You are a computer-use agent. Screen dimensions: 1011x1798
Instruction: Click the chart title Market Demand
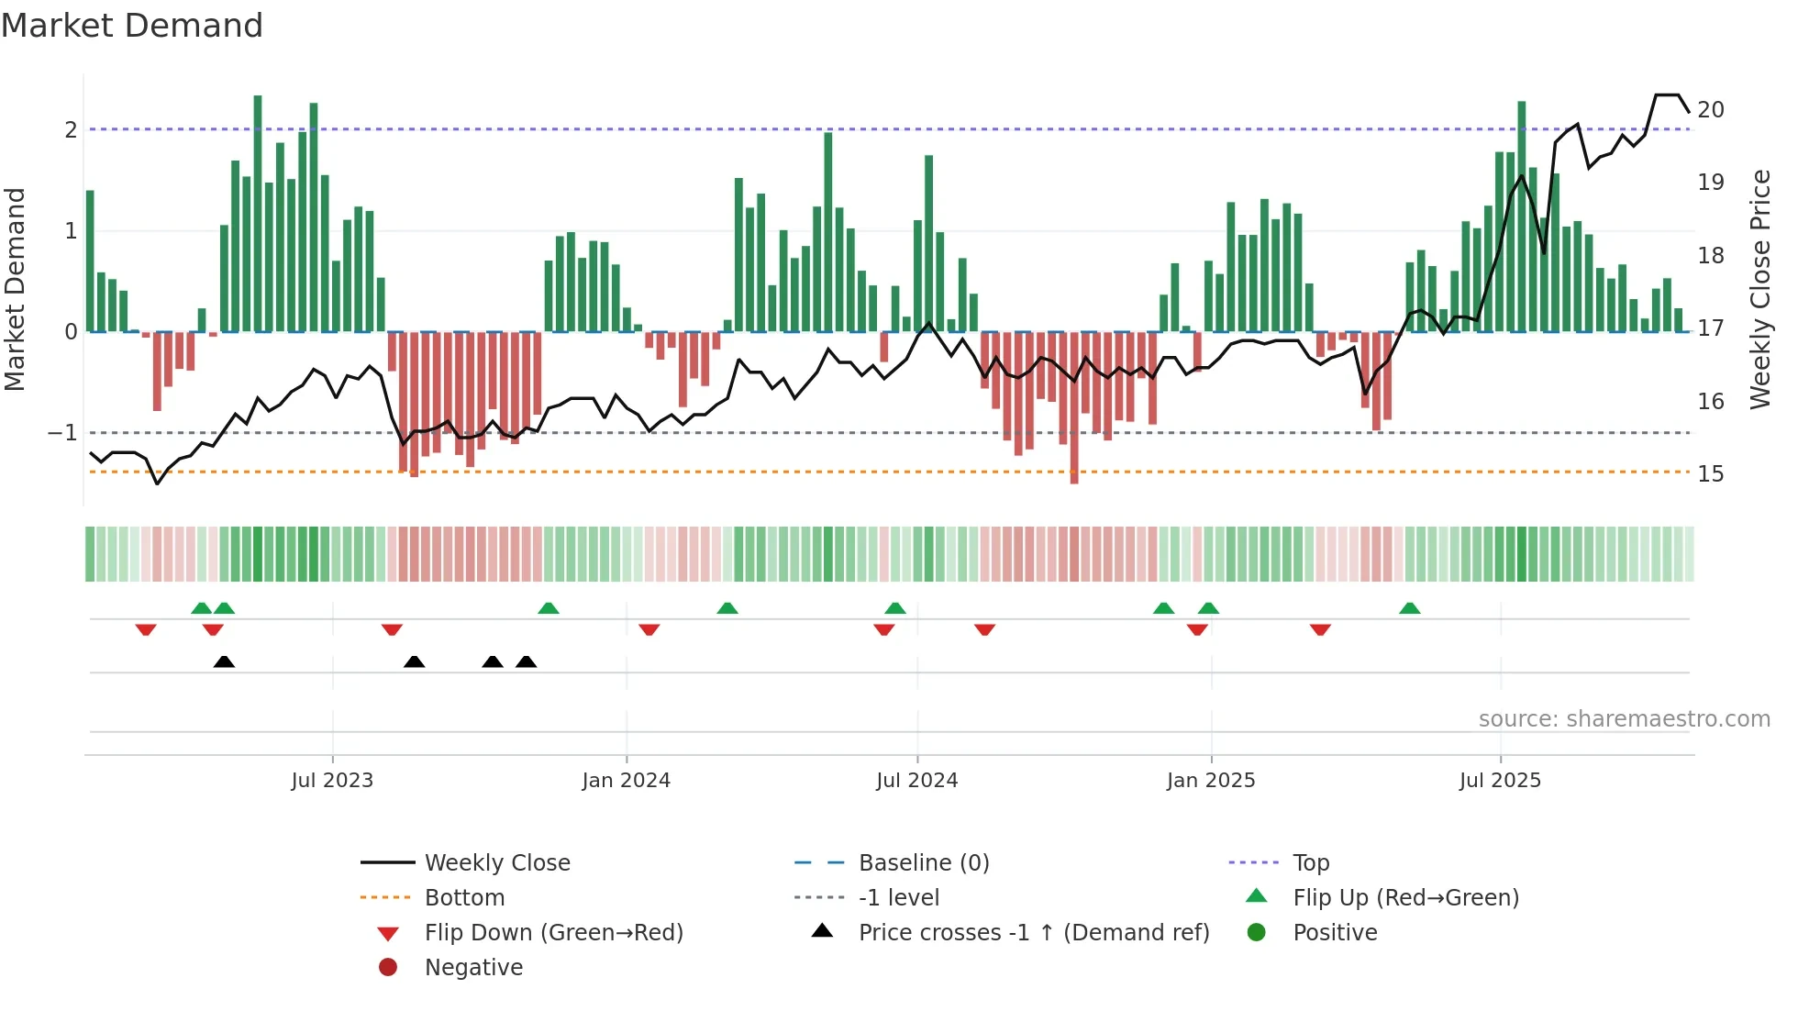(x=132, y=26)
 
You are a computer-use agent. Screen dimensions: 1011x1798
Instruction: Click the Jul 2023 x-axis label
(x=332, y=781)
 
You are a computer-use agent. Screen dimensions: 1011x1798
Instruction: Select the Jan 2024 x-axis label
(x=626, y=781)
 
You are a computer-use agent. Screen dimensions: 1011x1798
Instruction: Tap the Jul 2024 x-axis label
(x=916, y=781)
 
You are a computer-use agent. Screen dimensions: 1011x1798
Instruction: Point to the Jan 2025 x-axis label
(x=1210, y=781)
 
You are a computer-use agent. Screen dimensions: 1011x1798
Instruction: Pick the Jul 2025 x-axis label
(x=1500, y=781)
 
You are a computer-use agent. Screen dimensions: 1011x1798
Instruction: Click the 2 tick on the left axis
(x=71, y=130)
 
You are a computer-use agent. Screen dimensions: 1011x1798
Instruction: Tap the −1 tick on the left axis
(x=62, y=433)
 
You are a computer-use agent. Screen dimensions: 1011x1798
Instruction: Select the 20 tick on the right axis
(x=1710, y=110)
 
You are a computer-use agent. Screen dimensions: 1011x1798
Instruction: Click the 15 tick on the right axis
(x=1710, y=474)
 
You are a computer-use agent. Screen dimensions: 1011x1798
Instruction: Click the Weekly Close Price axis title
(x=1759, y=289)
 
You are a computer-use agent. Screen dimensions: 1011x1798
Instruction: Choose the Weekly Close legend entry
(x=496, y=863)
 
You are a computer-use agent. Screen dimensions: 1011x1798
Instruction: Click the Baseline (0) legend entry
(x=923, y=863)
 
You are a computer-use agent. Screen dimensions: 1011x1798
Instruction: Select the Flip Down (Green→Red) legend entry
(x=553, y=933)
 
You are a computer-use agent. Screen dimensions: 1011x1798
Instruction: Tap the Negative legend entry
(x=473, y=968)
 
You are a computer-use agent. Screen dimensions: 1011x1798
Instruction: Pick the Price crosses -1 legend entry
(x=1033, y=933)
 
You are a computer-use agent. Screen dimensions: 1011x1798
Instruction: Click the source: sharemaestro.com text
(x=1624, y=719)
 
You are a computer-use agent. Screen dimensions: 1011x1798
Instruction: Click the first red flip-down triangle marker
(x=146, y=629)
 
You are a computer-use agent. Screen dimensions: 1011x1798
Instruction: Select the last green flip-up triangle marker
(x=1410, y=608)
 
